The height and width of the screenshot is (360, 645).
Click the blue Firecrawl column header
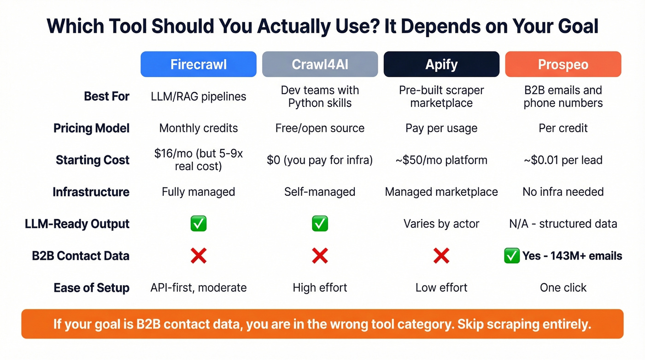(x=198, y=64)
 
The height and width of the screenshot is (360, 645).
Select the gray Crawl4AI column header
(x=320, y=64)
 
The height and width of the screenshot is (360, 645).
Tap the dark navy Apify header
(x=441, y=64)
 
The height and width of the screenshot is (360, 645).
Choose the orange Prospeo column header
(x=563, y=64)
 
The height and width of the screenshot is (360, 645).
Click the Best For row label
(x=106, y=96)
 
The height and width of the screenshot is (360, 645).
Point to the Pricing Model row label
(x=91, y=128)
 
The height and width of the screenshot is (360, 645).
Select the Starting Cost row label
(x=93, y=160)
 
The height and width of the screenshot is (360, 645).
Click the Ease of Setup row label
(x=91, y=288)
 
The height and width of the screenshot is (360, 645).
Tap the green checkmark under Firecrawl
(x=199, y=224)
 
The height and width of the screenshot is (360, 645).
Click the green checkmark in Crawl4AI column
(x=320, y=224)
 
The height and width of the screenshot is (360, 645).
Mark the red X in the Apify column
(x=441, y=256)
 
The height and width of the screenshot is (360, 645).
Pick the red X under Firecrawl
(x=199, y=256)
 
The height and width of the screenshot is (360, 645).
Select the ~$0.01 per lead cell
(x=563, y=160)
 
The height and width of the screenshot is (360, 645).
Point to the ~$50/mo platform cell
(x=441, y=160)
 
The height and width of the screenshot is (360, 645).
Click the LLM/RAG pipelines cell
(x=199, y=96)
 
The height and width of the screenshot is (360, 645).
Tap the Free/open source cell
(x=320, y=128)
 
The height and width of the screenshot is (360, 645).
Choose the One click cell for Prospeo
(x=563, y=288)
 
